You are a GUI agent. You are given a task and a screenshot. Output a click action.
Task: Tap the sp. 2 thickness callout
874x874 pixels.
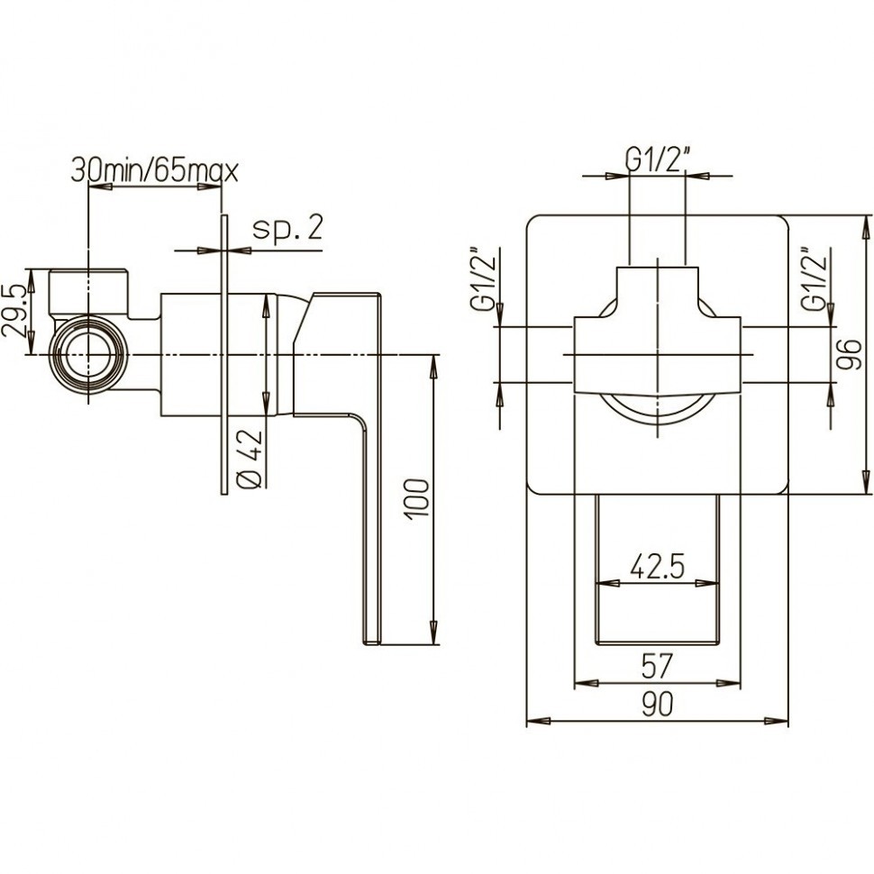point(287,228)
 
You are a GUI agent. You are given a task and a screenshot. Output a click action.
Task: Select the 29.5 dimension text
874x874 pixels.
point(14,312)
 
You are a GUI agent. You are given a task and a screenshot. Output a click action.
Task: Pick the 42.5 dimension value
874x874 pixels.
point(657,568)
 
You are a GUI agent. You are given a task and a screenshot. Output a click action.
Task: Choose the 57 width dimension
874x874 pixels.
point(658,667)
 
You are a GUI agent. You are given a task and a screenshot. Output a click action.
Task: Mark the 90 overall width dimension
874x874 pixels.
point(657,705)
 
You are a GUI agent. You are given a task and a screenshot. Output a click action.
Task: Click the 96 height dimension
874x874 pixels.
point(849,354)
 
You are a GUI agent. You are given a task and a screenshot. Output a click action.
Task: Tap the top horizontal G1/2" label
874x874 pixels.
point(658,161)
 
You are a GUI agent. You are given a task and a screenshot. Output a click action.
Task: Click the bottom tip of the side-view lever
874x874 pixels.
point(372,644)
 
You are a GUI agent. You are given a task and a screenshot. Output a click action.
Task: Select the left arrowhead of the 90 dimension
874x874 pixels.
point(539,721)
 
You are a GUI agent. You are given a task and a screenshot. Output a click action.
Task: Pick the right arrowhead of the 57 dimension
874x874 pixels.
point(729,683)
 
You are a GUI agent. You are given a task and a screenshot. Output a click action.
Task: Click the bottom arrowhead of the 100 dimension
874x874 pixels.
point(433,633)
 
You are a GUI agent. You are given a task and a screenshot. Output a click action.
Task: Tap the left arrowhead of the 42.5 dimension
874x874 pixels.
point(608,584)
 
